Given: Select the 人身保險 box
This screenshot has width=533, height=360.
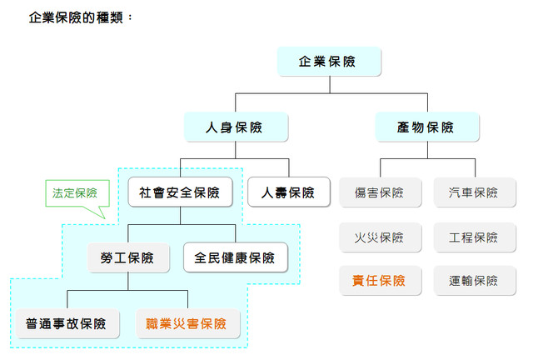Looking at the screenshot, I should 235,127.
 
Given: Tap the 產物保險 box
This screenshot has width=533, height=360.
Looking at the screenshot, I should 426,127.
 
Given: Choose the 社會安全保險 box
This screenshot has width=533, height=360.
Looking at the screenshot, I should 181,192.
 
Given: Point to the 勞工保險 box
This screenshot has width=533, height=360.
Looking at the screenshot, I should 128,257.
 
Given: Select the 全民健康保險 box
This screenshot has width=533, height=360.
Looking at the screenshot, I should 235,257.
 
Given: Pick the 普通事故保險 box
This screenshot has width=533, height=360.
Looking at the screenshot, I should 67,322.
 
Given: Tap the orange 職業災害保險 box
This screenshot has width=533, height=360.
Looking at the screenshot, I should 187,322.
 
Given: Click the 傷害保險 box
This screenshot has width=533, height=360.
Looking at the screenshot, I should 379,192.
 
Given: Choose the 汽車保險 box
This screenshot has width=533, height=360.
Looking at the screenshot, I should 473,192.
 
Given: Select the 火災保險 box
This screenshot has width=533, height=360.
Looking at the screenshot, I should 379,237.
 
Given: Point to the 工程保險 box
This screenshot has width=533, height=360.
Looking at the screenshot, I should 473,237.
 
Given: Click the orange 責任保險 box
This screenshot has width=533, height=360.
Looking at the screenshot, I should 379,281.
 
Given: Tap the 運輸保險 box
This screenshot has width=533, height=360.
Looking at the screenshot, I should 473,281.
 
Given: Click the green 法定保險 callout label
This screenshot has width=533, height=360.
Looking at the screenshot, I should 75,192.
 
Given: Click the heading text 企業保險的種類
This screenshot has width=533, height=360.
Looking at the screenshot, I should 80,17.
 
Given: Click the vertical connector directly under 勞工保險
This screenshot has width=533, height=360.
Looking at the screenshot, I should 128,281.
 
